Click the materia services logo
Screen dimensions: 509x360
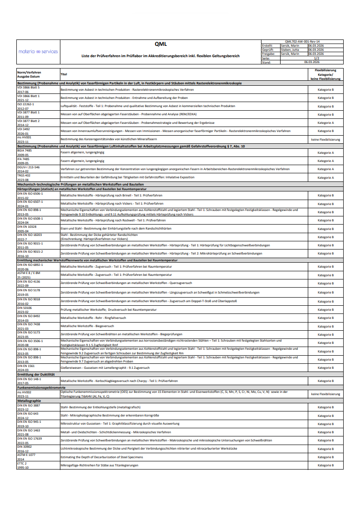[x=38, y=51]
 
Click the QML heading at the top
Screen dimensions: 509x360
[x=160, y=44]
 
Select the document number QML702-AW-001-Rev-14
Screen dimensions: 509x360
[x=302, y=41]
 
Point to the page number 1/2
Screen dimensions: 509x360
[x=316, y=58]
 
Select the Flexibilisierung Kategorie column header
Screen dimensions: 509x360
[x=325, y=74]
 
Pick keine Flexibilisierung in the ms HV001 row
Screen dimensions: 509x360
[x=325, y=139]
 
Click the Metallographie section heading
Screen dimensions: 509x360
[x=29, y=401]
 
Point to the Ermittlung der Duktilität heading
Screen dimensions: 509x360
[x=36, y=374]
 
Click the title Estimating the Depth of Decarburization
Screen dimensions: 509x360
[x=102, y=457]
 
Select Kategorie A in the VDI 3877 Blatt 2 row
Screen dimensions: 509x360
[x=325, y=122]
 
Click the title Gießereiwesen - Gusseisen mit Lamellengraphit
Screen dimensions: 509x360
[x=105, y=367]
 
